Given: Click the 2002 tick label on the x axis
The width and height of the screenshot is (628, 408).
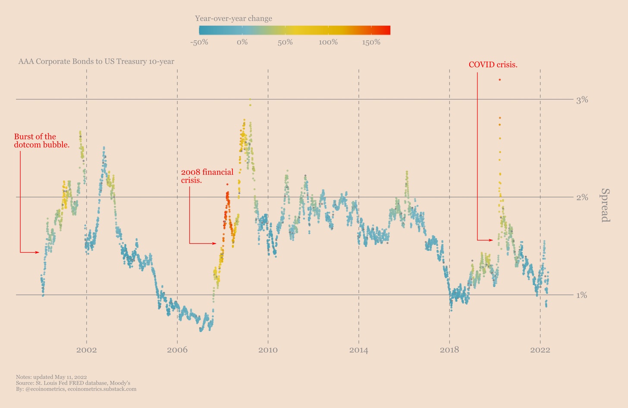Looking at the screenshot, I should click(87, 350).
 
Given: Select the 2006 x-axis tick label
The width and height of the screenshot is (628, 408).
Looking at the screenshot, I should click(177, 350).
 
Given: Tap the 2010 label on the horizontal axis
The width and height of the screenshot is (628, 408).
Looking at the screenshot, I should click(268, 350).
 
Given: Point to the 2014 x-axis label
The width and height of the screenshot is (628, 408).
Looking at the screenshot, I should click(359, 350).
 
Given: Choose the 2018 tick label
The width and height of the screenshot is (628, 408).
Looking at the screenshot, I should click(449, 350).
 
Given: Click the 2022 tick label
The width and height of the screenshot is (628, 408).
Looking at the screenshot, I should click(540, 350).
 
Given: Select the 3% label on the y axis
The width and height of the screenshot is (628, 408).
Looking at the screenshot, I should click(582, 100).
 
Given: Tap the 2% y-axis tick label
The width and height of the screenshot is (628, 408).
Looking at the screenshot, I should click(582, 197).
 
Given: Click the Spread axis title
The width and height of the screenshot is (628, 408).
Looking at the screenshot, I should click(605, 205).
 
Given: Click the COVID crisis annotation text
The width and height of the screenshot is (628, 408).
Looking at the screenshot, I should click(493, 65).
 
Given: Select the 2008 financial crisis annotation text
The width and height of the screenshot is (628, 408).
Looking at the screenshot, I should click(207, 176).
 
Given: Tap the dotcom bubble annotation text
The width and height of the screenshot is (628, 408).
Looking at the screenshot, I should click(41, 141).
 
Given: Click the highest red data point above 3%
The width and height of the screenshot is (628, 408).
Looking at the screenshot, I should click(499, 79).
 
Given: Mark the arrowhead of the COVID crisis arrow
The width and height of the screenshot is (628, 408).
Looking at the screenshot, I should click(491, 240).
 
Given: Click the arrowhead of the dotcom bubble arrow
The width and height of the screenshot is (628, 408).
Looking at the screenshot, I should click(38, 252).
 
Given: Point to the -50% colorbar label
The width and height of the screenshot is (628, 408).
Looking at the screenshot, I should click(199, 42).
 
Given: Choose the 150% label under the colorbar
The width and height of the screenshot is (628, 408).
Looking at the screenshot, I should click(371, 42).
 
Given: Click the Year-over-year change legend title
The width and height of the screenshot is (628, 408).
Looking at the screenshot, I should click(233, 19).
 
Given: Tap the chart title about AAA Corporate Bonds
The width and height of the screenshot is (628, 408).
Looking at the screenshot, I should click(96, 61).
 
